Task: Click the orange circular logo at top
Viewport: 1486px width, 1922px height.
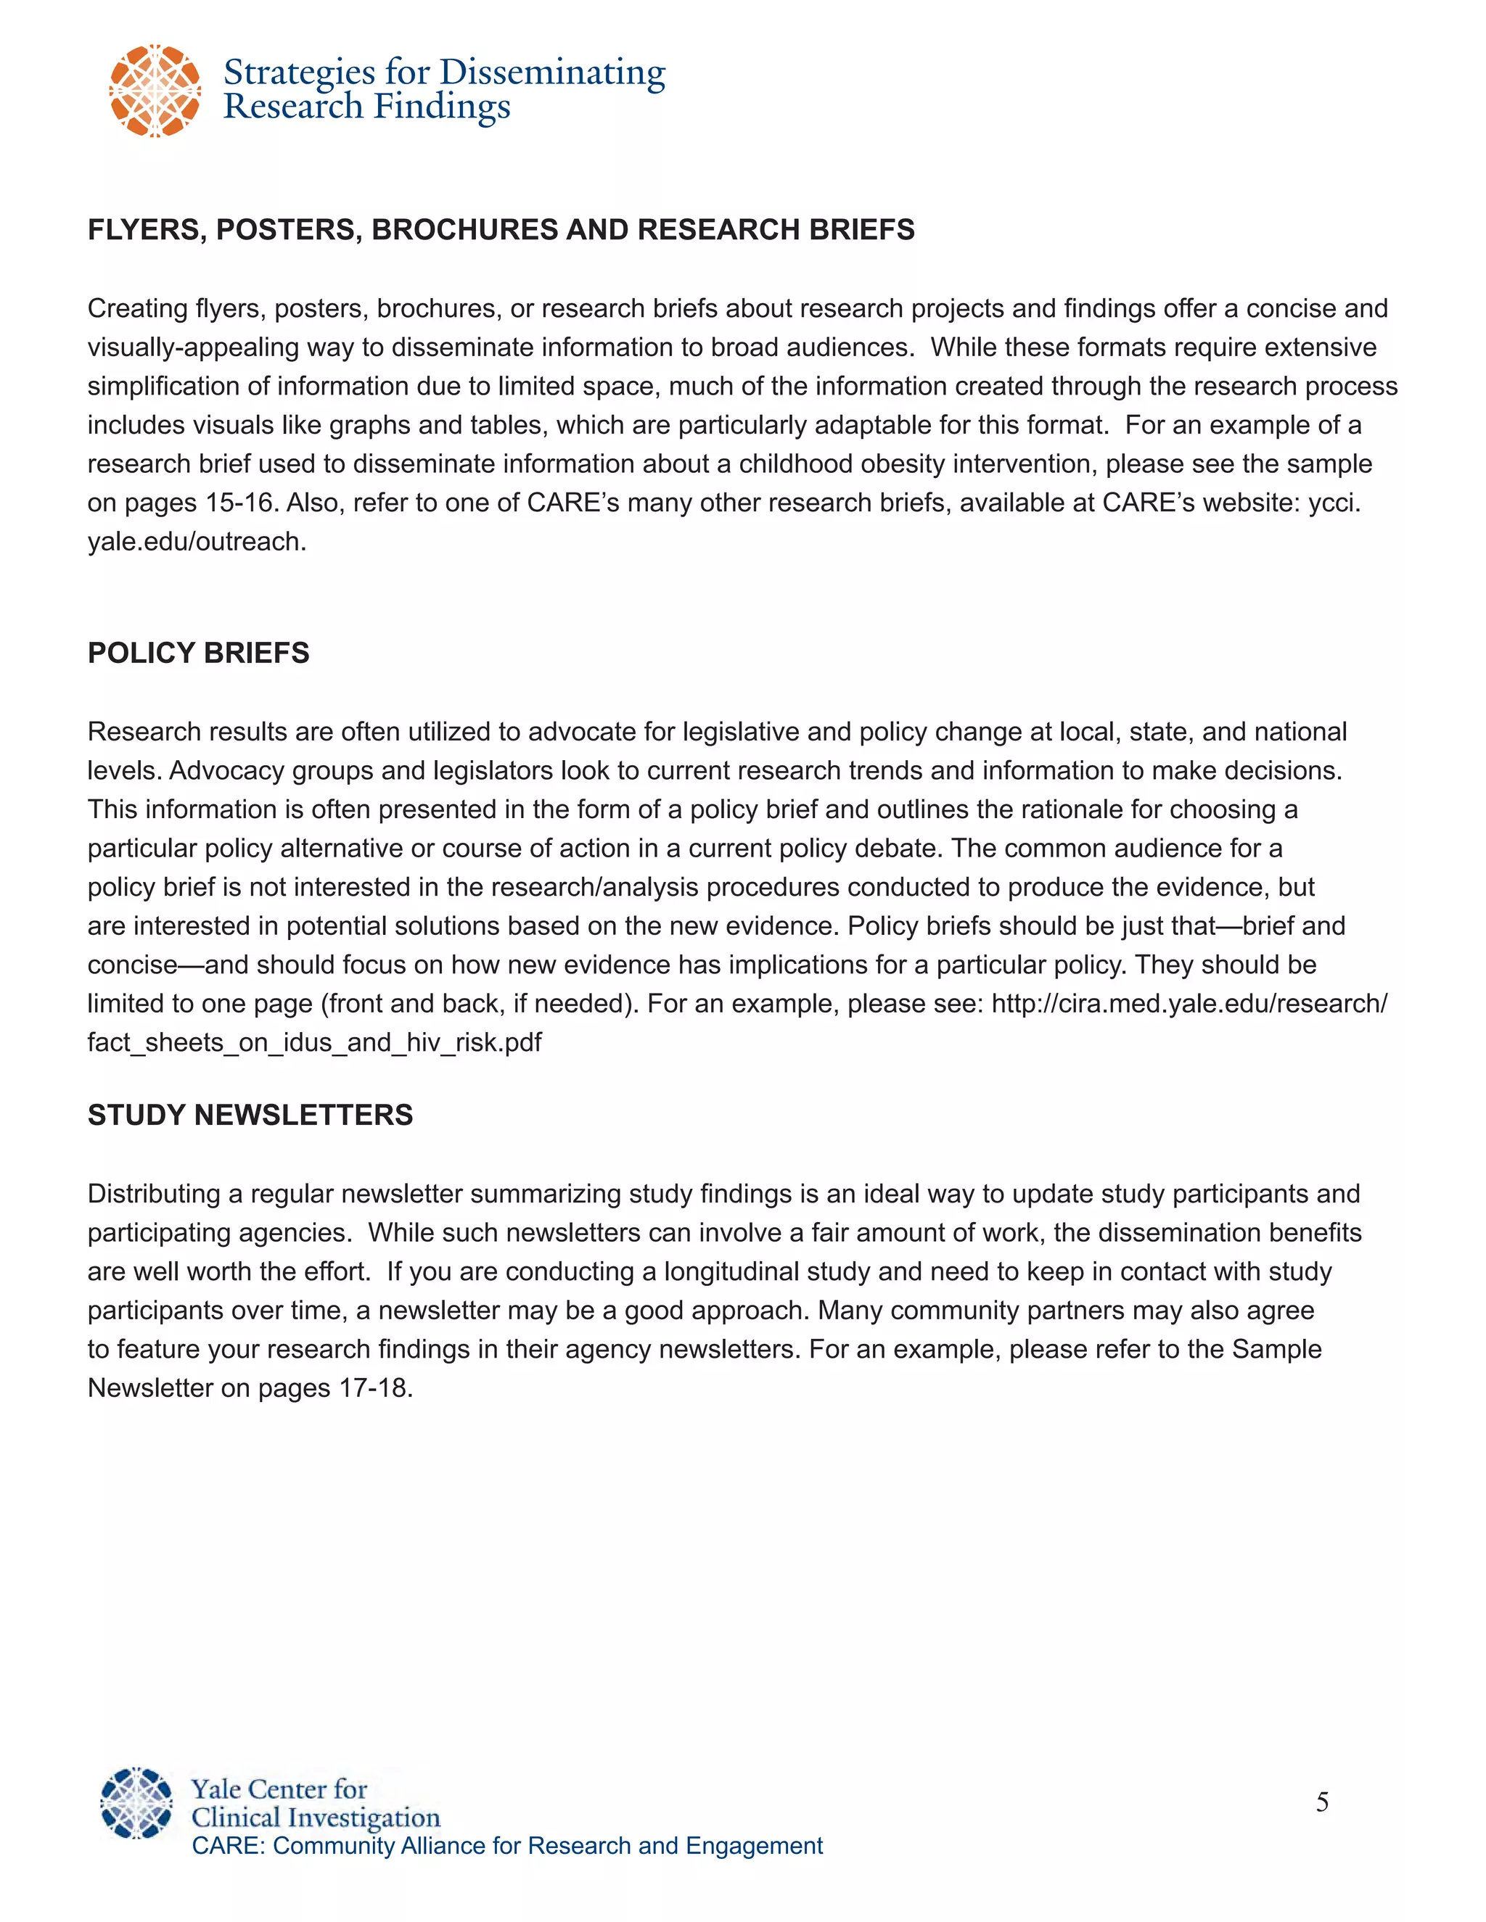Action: [x=155, y=91]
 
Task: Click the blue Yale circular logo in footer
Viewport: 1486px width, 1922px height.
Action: [x=136, y=1802]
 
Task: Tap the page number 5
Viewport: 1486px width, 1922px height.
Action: [x=1321, y=1802]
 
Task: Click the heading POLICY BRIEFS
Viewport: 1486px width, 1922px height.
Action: [x=198, y=653]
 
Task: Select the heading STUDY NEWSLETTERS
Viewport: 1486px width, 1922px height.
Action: [x=250, y=1115]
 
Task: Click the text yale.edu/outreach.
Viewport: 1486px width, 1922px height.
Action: [x=197, y=541]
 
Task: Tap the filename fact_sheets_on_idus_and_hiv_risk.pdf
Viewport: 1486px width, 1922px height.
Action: [x=314, y=1042]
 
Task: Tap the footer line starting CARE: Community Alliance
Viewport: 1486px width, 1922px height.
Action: [x=507, y=1845]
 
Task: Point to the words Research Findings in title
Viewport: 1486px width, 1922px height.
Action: [x=366, y=107]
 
